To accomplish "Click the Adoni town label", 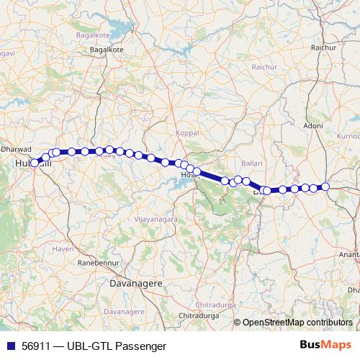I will (x=313, y=125).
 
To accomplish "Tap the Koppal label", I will (x=186, y=133).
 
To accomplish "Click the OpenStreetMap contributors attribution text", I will (x=297, y=323).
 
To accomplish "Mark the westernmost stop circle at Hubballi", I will (x=35, y=163).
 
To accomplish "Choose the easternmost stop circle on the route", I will (x=325, y=186).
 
